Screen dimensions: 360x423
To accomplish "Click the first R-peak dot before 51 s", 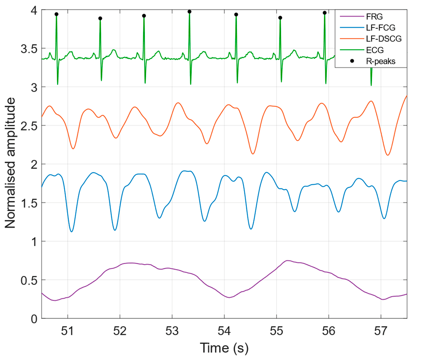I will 56,14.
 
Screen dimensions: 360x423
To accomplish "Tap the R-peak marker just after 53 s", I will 189,12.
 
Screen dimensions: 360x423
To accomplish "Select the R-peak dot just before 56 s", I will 324,13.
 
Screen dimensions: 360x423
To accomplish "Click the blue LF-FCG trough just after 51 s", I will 72,231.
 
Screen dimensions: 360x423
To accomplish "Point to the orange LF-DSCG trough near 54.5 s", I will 253,154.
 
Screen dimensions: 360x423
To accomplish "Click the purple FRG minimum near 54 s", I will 229,297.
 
